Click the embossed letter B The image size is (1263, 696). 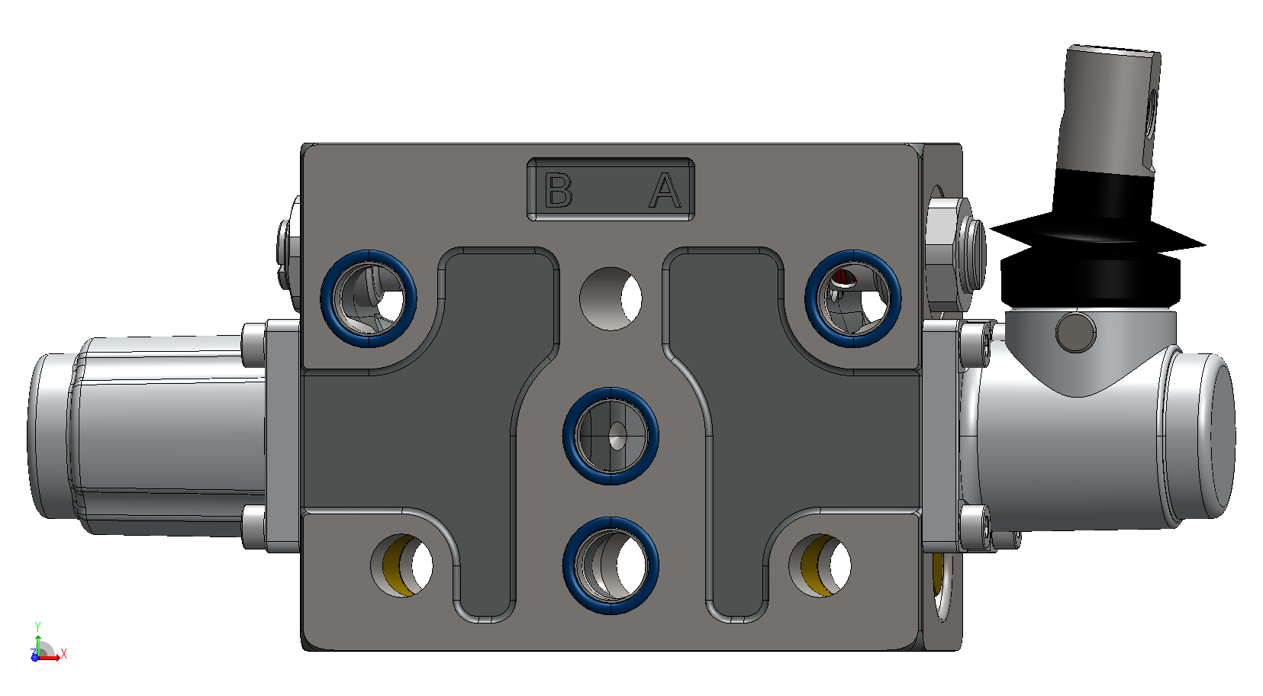pos(559,191)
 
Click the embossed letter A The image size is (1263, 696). pos(665,191)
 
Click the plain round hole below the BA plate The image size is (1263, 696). pos(611,299)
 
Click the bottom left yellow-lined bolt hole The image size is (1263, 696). pos(401,565)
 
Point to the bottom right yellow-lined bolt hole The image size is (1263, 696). pos(820,565)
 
